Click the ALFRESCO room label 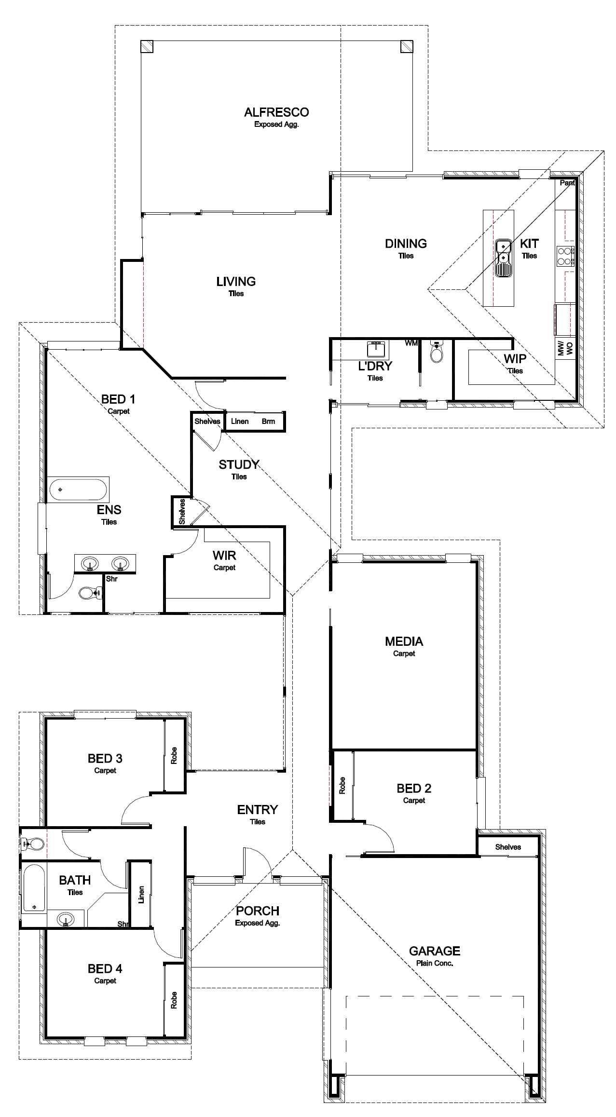pos(276,112)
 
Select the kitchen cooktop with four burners pos(565,256)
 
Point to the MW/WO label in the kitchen pos(565,348)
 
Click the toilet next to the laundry pos(437,352)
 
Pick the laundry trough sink pos(376,348)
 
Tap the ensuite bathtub pos(78,490)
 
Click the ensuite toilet pos(90,592)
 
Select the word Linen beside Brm pos(240,422)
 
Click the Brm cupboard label pos(269,422)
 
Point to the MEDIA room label pos(404,641)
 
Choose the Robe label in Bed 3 pos(174,755)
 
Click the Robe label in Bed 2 pos(342,785)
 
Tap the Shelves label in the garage pos(508,847)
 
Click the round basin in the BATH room pos(66,919)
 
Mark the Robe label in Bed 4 pos(174,1000)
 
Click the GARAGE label pos(435,951)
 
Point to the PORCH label pos(258,911)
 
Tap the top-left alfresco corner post pos(147,46)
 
